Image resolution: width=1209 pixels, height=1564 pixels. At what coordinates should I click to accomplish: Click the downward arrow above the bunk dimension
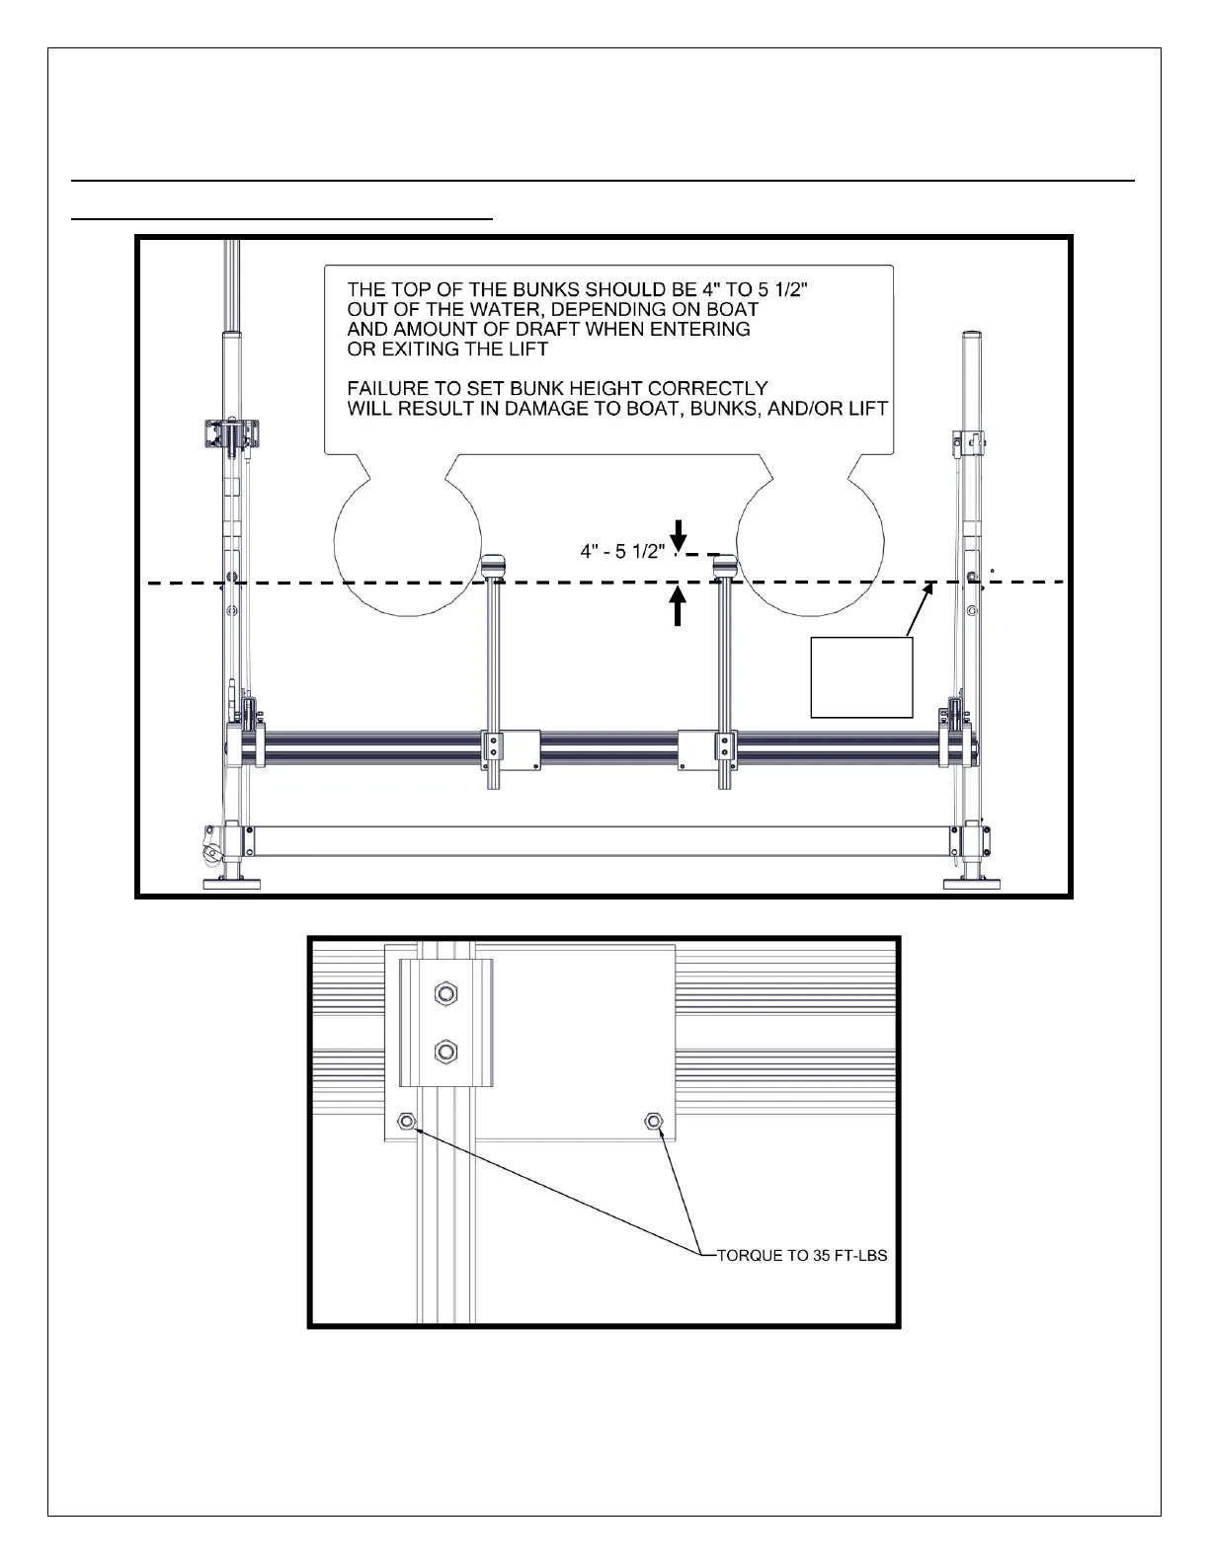click(678, 533)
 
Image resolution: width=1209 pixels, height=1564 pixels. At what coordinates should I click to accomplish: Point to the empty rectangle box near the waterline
click(861, 676)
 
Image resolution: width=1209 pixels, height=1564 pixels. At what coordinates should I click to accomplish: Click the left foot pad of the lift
click(231, 884)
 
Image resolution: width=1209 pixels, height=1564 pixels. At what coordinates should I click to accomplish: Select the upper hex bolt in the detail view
click(444, 993)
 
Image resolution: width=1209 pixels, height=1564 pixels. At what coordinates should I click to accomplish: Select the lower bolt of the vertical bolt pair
click(444, 1052)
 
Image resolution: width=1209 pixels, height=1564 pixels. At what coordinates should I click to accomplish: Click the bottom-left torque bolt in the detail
click(405, 1121)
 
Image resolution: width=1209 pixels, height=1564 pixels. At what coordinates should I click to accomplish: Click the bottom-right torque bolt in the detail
click(652, 1121)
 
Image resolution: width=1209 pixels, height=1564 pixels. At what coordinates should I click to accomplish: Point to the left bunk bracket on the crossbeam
click(510, 748)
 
